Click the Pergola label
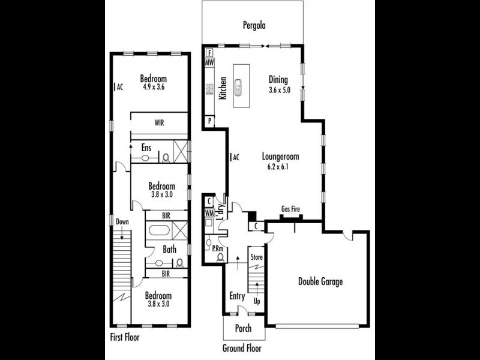[254, 25]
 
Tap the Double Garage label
[320, 281]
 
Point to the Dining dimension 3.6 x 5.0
[279, 90]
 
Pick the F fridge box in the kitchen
[210, 52]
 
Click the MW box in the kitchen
[210, 62]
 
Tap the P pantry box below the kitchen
[209, 121]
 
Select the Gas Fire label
[291, 209]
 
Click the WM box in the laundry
[209, 213]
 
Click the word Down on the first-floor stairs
[122, 221]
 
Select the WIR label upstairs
[159, 122]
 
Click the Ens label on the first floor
[146, 146]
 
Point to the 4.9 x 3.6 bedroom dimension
[154, 87]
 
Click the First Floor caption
[125, 337]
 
